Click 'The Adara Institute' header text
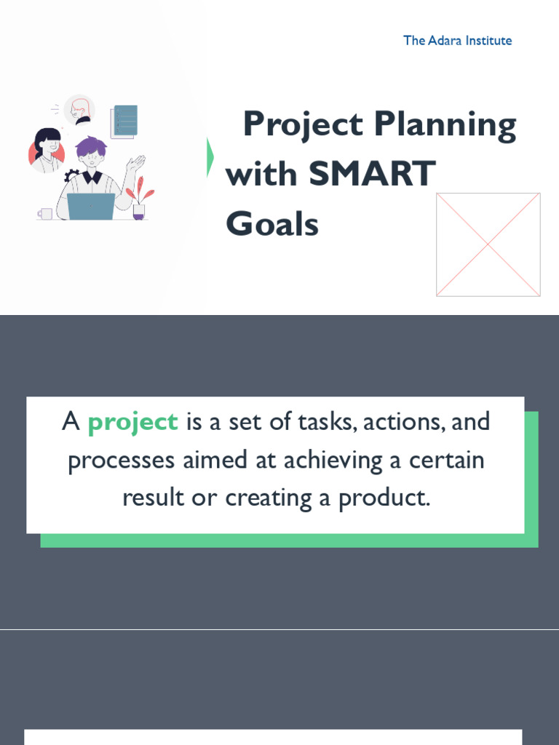[x=457, y=41]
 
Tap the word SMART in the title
[x=371, y=175]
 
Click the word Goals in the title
[x=272, y=223]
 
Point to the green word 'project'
[x=132, y=422]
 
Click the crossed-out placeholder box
[x=488, y=244]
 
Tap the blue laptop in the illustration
[x=91, y=206]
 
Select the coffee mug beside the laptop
[x=46, y=213]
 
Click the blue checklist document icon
[x=124, y=121]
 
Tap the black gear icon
[x=71, y=175]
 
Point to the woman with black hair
[x=47, y=150]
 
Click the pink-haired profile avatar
[x=79, y=110]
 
